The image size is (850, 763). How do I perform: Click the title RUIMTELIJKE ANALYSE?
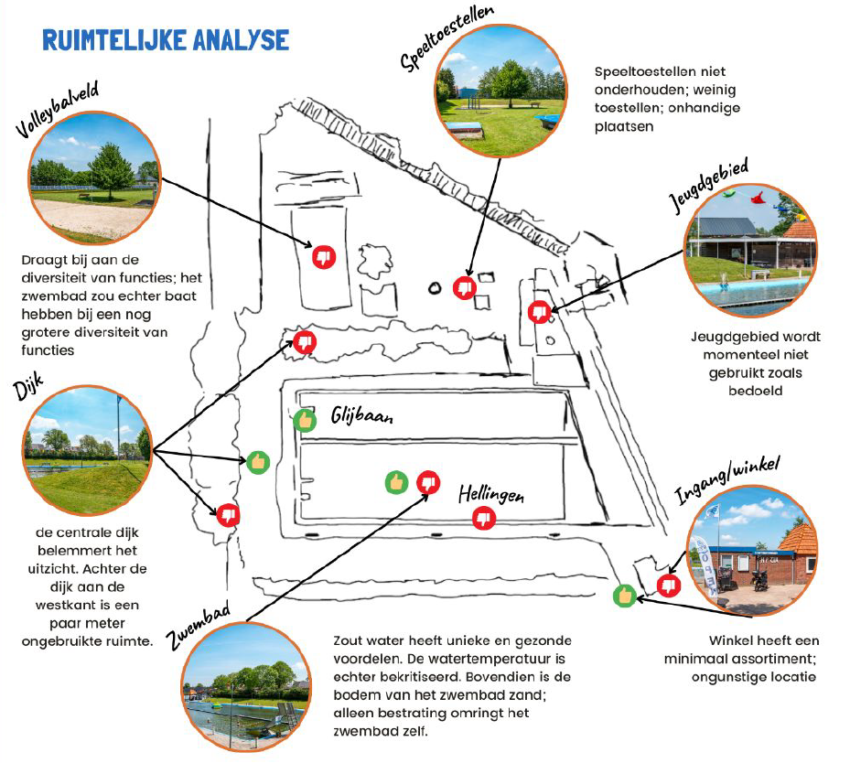(x=166, y=40)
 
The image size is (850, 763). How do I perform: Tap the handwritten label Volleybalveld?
(x=57, y=112)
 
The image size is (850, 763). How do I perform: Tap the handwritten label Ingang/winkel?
(x=727, y=480)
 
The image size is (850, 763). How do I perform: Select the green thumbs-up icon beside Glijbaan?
(x=305, y=421)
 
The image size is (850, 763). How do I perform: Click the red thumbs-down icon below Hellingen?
(x=484, y=519)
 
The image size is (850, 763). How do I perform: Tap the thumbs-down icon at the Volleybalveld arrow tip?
(x=324, y=258)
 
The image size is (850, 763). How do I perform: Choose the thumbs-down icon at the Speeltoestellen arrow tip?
(x=466, y=287)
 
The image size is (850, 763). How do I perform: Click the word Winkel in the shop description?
(x=729, y=640)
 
